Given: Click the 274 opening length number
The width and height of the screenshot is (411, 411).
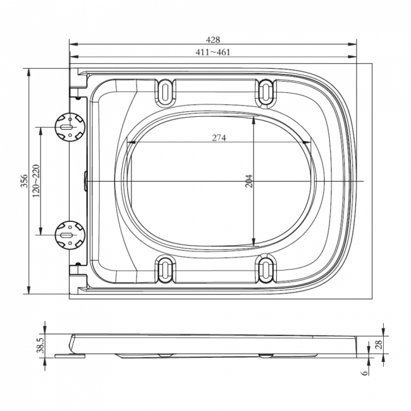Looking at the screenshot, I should pyautogui.click(x=219, y=137).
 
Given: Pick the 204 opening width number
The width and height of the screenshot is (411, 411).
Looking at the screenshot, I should pyautogui.click(x=248, y=181).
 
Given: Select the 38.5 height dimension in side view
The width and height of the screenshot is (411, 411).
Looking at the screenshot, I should pyautogui.click(x=40, y=345).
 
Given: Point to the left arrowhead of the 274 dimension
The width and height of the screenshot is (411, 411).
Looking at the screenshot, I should pyautogui.click(x=132, y=142).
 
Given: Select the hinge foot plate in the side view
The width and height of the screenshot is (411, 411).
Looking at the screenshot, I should pyautogui.click(x=69, y=355).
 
